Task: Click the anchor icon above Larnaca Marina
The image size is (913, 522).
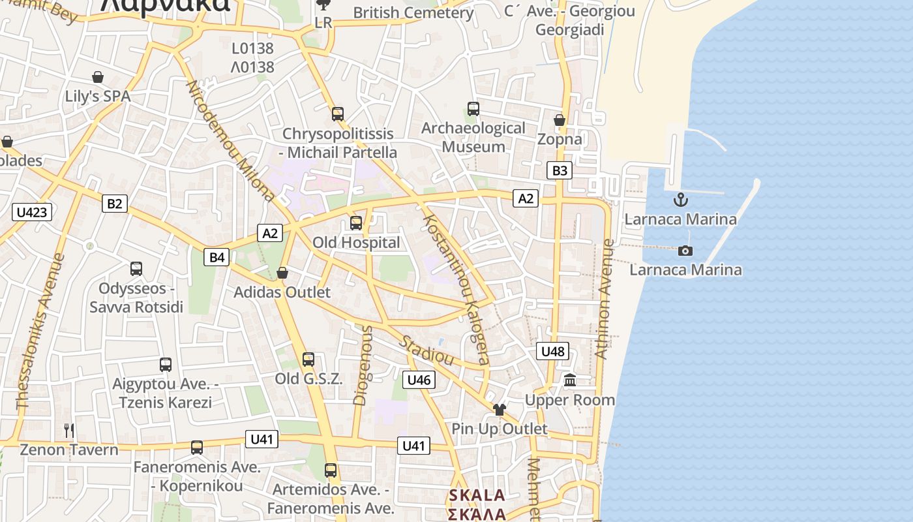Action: [681, 200]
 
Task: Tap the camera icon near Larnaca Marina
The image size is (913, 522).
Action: [685, 251]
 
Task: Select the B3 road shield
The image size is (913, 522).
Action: [560, 171]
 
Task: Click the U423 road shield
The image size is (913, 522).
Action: [32, 212]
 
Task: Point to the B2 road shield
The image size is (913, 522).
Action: [114, 204]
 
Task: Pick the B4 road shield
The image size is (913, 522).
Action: [217, 258]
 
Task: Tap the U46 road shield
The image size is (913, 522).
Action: [419, 380]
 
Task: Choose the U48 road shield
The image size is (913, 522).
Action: [553, 352]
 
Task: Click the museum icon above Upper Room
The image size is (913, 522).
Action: [570, 380]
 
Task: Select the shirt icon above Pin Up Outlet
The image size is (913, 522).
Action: [500, 410]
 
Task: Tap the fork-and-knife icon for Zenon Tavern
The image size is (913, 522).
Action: [69, 431]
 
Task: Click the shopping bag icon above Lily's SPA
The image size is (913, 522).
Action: [98, 78]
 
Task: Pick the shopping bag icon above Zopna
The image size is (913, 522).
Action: [560, 120]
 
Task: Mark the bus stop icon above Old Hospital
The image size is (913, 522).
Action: [356, 223]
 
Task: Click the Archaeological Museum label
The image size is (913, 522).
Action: [473, 138]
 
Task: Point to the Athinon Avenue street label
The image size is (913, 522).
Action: [604, 299]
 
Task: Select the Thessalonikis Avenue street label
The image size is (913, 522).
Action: [40, 331]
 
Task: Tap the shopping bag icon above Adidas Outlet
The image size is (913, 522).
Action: [282, 273]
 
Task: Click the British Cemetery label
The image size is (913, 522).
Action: [412, 12]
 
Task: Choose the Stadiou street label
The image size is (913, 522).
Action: [427, 350]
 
